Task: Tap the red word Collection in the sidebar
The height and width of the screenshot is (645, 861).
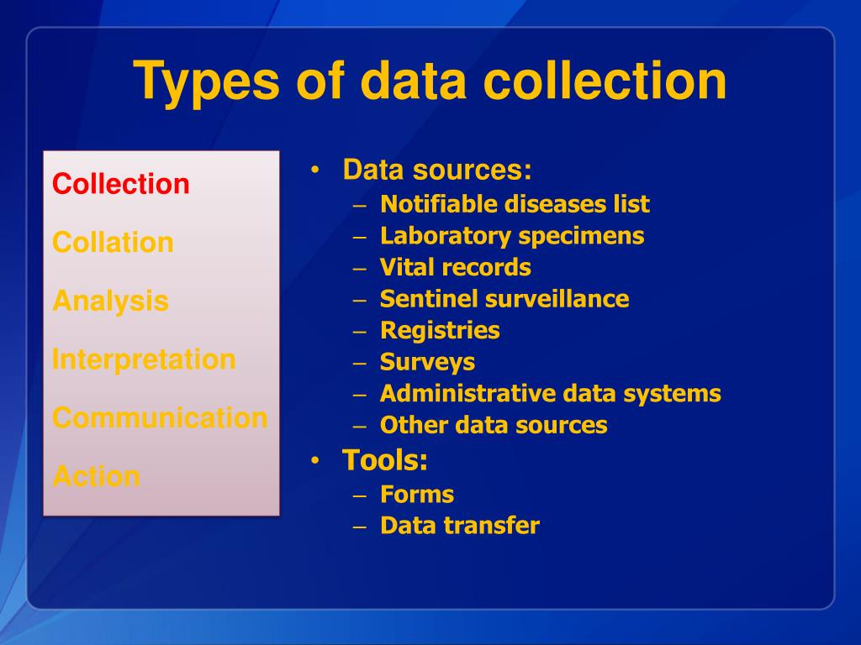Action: [121, 184]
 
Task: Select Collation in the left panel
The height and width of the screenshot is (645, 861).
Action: [113, 243]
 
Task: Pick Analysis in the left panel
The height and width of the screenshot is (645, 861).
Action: [110, 301]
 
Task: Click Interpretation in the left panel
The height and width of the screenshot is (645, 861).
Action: [144, 359]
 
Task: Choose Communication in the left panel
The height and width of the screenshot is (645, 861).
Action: [160, 417]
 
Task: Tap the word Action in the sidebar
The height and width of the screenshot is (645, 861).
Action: [96, 476]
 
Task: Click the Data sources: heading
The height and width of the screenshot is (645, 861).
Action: [437, 170]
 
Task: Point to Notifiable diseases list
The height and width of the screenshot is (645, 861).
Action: [515, 204]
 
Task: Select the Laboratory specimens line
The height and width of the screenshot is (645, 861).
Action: [512, 236]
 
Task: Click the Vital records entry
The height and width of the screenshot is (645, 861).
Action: [456, 268]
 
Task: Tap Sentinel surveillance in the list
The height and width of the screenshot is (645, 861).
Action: [504, 299]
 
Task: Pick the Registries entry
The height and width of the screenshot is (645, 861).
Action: [440, 331]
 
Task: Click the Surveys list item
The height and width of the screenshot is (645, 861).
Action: [427, 362]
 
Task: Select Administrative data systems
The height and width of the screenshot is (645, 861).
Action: [551, 394]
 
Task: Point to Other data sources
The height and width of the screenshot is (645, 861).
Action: [494, 425]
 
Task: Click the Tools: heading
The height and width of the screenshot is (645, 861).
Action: [385, 460]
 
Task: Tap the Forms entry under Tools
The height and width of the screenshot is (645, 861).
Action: [417, 494]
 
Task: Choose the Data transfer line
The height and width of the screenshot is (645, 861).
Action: [460, 526]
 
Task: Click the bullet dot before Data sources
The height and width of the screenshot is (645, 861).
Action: [314, 171]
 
